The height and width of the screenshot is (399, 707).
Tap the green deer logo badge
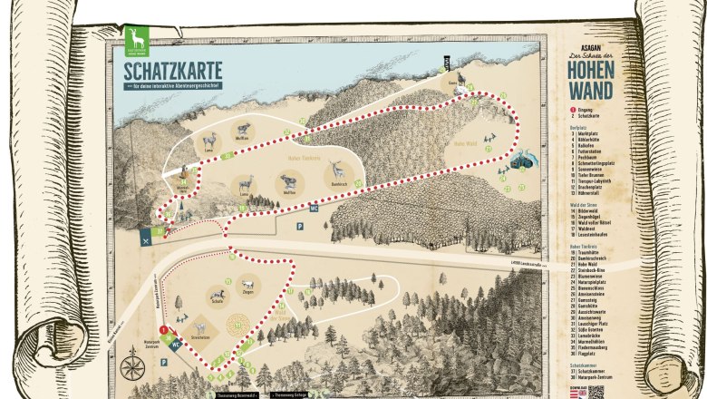click(139, 40)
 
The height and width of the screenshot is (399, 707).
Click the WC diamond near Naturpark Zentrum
click(177, 344)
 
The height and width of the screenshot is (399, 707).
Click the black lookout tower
click(445, 63)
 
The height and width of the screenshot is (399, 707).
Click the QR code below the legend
click(595, 391)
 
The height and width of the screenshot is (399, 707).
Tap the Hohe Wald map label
click(465, 143)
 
